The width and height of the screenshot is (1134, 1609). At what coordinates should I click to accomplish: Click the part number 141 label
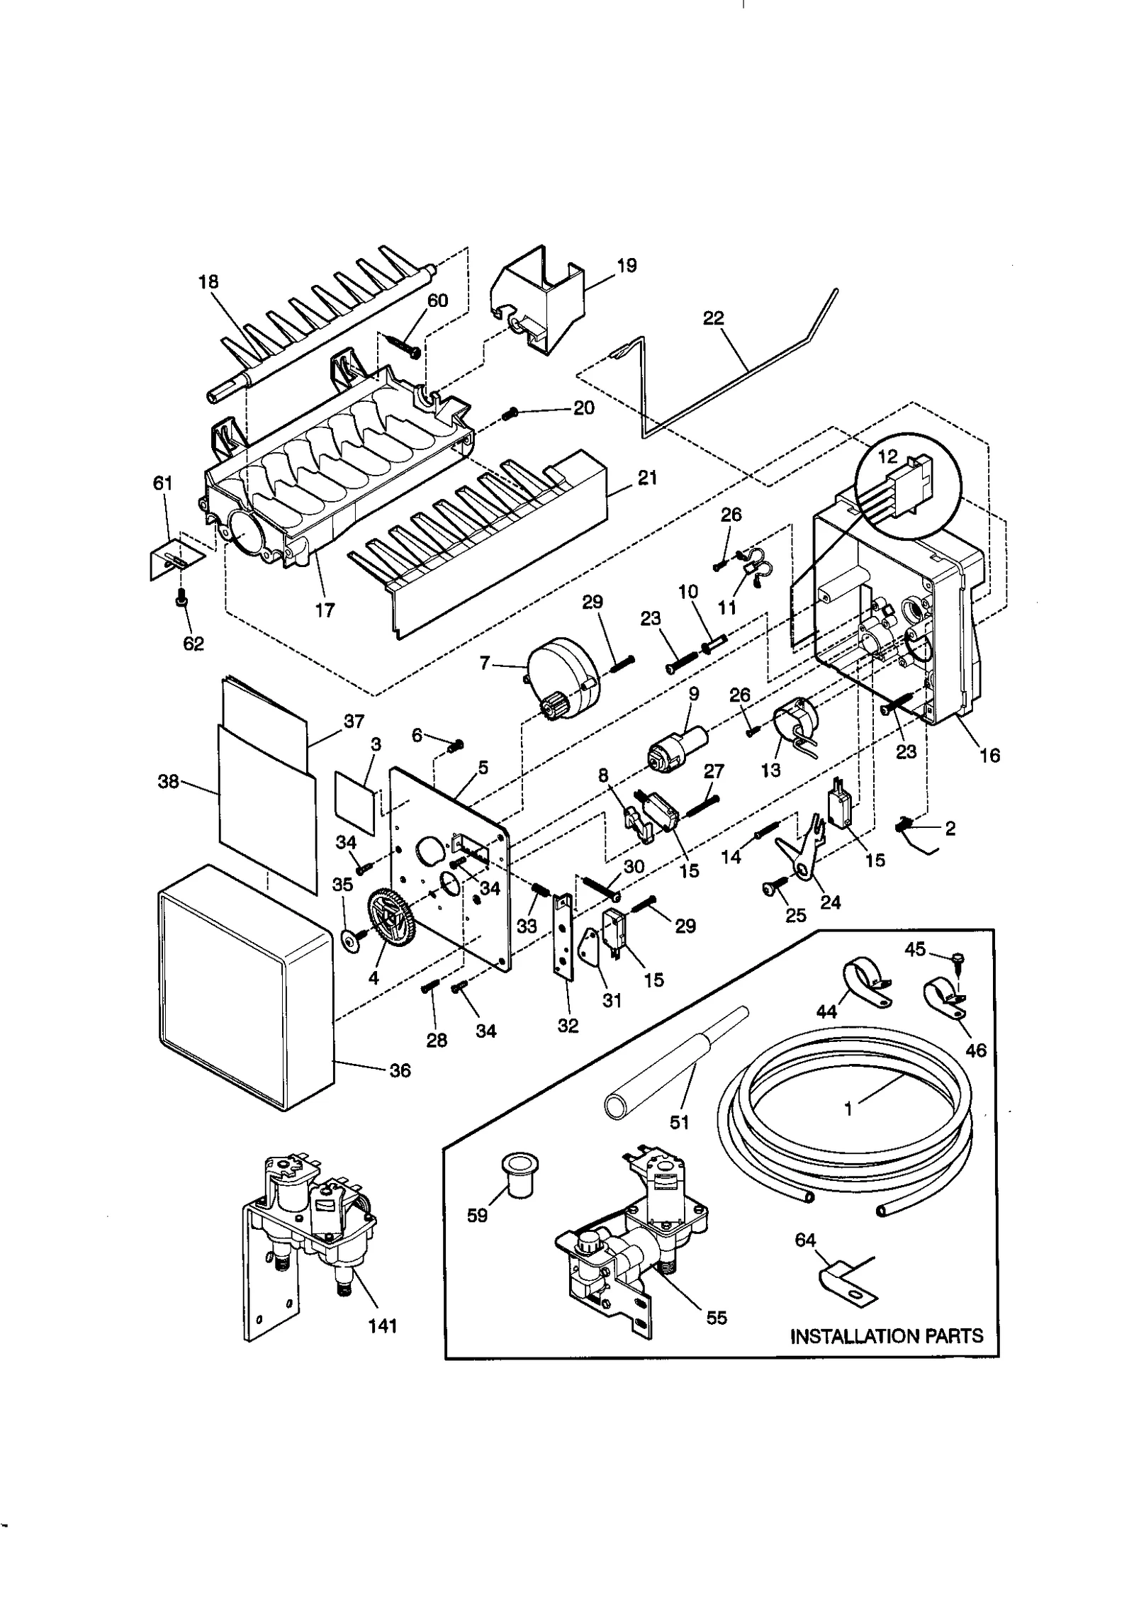tap(382, 1325)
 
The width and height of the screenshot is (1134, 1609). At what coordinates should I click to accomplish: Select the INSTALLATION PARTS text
tap(886, 1336)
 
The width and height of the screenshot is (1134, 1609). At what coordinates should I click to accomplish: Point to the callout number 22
tap(713, 318)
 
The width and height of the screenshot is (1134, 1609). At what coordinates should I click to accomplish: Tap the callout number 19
tap(626, 266)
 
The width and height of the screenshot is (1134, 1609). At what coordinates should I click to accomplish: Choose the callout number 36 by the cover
tap(400, 1070)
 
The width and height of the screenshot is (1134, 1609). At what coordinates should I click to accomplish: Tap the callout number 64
tap(805, 1240)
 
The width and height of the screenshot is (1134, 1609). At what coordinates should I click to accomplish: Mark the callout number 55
tap(717, 1318)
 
